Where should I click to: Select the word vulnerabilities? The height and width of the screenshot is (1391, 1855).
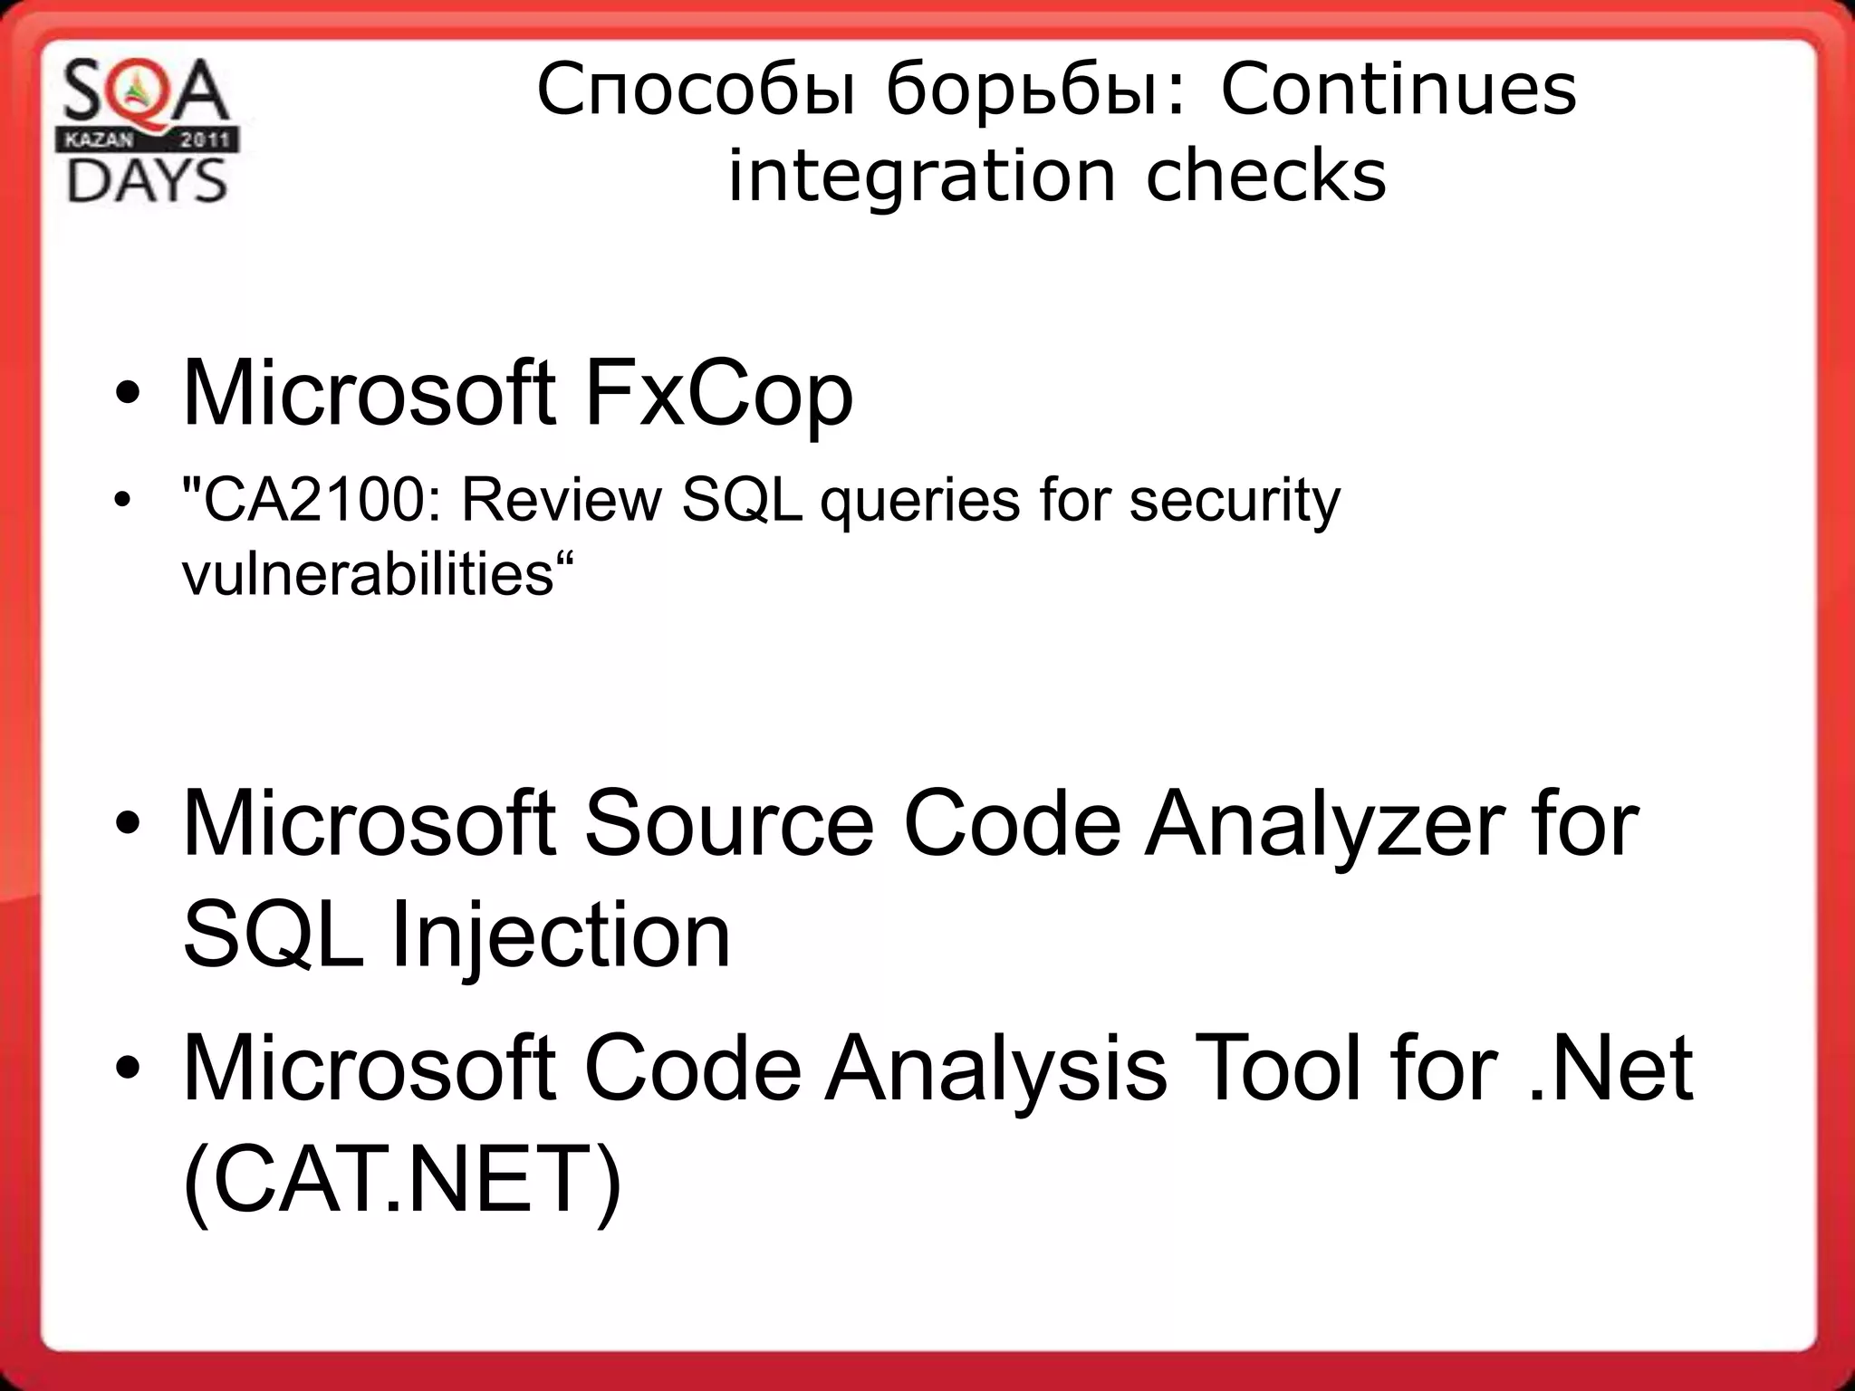click(368, 573)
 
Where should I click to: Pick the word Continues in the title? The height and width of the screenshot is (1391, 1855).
click(1398, 90)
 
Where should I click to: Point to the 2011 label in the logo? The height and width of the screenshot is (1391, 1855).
click(207, 140)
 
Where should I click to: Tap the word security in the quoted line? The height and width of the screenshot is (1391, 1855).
click(1234, 500)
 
